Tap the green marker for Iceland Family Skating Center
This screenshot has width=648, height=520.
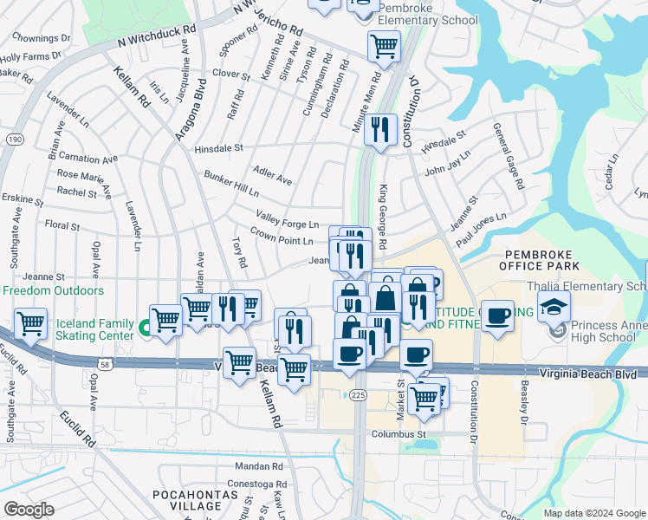145,328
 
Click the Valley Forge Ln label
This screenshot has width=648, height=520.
287,219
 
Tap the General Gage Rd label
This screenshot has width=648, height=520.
509,156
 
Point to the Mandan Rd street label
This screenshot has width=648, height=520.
260,466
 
